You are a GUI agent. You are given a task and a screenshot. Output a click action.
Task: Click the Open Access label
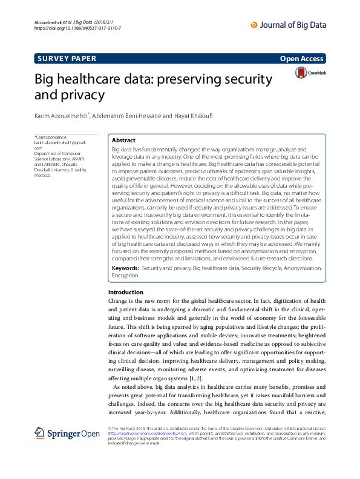click(x=303, y=59)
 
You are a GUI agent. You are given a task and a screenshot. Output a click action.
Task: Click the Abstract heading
click(x=123, y=140)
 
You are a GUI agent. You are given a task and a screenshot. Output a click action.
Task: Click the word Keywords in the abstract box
click(x=125, y=267)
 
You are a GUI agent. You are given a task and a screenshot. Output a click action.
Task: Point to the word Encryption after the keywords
click(x=125, y=275)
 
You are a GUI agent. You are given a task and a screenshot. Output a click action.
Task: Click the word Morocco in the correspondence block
click(x=42, y=174)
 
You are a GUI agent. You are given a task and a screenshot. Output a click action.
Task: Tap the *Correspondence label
click(x=51, y=137)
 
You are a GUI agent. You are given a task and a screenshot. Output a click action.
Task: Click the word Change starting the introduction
click(x=116, y=300)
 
